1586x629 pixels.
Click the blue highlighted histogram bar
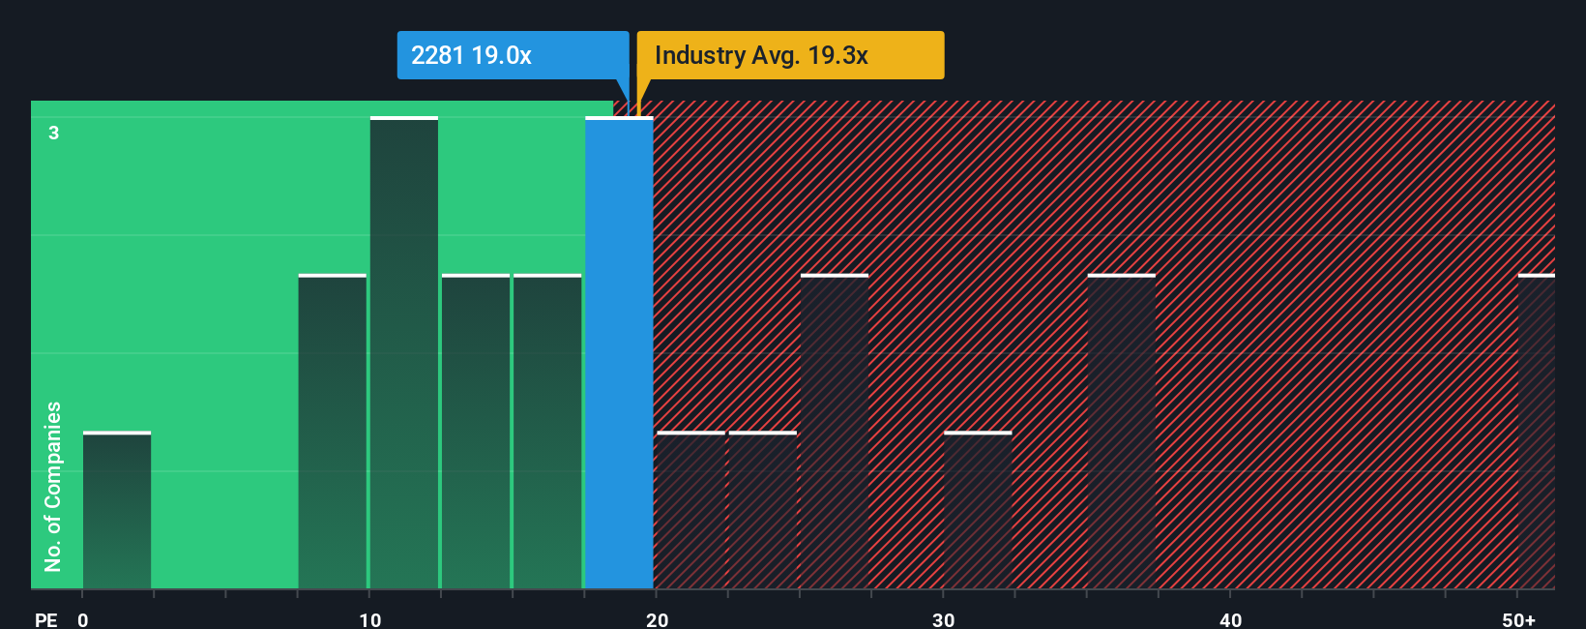point(619,353)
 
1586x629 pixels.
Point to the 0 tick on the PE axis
point(83,619)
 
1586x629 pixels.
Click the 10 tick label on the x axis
point(369,619)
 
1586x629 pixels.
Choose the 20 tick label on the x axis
point(657,619)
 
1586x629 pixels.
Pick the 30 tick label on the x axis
point(943,619)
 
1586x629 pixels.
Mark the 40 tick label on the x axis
point(1230,619)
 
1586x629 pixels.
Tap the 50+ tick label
point(1518,619)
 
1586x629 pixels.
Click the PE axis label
point(45,619)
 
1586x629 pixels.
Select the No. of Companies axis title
point(53,486)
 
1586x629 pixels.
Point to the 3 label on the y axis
point(54,133)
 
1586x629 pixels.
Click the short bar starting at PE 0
point(117,511)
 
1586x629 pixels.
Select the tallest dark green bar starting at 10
point(404,353)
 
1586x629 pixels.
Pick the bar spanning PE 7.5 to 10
point(333,433)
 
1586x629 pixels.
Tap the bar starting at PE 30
point(978,511)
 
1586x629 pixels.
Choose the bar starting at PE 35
point(1122,433)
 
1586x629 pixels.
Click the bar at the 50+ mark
point(1536,433)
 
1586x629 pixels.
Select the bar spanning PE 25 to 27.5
point(835,433)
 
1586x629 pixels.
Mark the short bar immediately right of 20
point(690,511)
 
